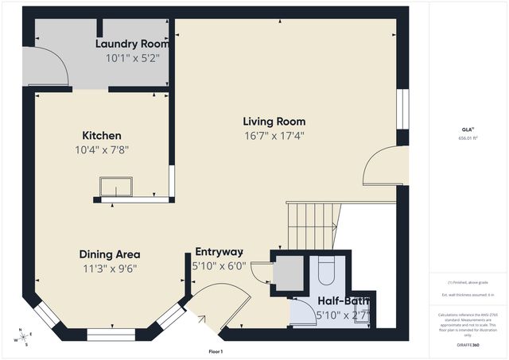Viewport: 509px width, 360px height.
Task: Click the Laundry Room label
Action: point(133,44)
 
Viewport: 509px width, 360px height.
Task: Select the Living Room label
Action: point(274,122)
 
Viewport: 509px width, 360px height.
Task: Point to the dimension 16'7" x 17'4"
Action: point(274,135)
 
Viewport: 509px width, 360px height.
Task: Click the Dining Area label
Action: point(108,254)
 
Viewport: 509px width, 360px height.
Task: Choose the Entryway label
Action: point(218,252)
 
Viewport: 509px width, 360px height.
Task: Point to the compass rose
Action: point(23,339)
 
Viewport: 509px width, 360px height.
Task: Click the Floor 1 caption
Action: point(216,350)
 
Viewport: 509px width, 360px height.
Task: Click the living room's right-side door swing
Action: point(383,167)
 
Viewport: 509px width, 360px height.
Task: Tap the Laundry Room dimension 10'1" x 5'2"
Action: point(133,58)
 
